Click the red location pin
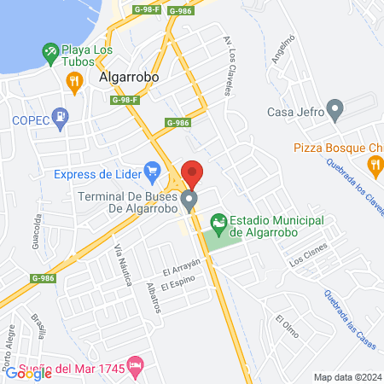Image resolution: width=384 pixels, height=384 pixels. pyautogui.click(x=192, y=173)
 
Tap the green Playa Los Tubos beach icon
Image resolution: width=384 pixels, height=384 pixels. pyautogui.click(x=51, y=54)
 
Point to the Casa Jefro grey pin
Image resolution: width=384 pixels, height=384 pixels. pyautogui.click(x=335, y=108)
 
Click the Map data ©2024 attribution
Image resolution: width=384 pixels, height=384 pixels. pyautogui.click(x=346, y=377)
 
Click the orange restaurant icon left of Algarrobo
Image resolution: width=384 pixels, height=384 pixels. pyautogui.click(x=73, y=81)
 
